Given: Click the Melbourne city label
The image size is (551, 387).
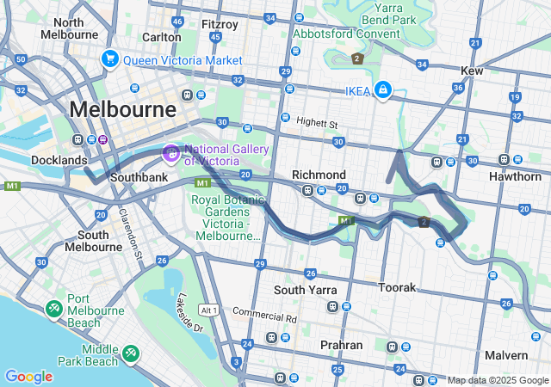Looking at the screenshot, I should click(122, 109).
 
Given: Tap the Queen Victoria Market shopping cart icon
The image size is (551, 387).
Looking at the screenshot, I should click(109, 59).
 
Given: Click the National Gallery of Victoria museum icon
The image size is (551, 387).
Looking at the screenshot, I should click(171, 154).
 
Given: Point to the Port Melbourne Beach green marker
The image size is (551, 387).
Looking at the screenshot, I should click(53, 307).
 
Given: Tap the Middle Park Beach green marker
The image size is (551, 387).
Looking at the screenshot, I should click(131, 351).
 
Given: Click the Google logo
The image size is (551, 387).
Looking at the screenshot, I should click(28, 377).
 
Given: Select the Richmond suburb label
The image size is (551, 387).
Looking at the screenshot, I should click(319, 175).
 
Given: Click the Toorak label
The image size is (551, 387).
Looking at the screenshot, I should click(398, 287).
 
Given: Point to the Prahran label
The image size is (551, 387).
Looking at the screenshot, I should click(341, 345).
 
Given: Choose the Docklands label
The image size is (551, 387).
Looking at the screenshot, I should click(59, 160).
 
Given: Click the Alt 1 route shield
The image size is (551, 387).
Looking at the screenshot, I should click(207, 310).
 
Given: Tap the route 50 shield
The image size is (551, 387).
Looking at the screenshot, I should click(20, 58).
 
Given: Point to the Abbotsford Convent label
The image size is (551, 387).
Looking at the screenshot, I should click(346, 34).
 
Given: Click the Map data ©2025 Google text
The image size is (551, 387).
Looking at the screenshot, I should click(498, 379).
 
